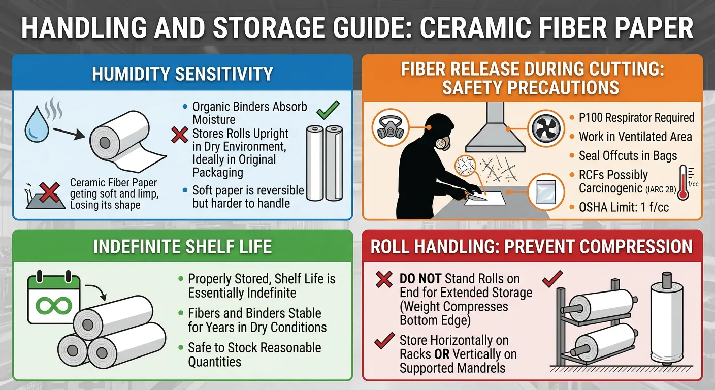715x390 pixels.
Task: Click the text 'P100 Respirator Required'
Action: [636, 118]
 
